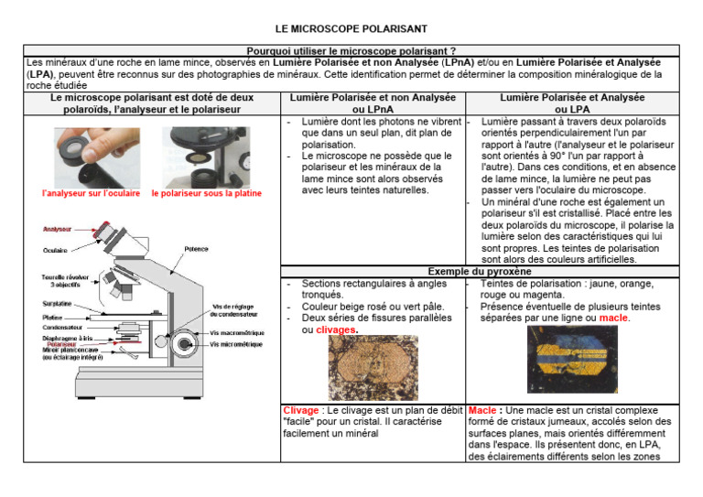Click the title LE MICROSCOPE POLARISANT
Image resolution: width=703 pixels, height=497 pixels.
click(351, 29)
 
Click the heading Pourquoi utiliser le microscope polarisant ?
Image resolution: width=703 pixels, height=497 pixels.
click(351, 51)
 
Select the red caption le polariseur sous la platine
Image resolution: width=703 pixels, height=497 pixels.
click(206, 193)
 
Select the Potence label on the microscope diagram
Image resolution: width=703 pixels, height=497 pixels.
click(196, 248)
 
